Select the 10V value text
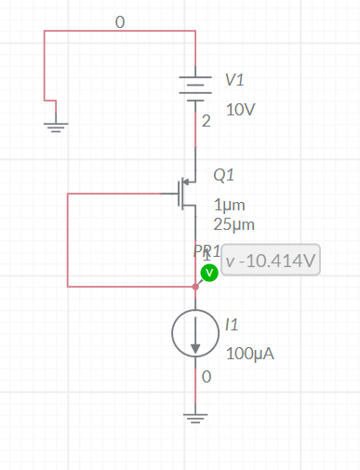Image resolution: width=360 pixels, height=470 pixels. [240, 109]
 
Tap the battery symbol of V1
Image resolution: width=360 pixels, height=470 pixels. [195, 89]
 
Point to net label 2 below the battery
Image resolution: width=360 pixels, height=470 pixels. [206, 121]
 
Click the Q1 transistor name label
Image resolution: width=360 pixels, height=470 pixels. [224, 174]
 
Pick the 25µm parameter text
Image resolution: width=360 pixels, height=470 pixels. [233, 223]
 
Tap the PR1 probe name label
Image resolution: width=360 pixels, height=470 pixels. [205, 251]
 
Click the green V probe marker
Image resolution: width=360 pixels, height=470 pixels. [209, 272]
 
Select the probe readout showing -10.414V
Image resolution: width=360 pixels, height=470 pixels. [271, 260]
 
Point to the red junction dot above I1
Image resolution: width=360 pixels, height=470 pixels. [195, 287]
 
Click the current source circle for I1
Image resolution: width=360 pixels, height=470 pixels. [195, 333]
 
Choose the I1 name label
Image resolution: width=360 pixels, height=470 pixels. [232, 324]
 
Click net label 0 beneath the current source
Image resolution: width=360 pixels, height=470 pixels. [206, 377]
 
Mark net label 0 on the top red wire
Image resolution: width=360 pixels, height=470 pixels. [119, 20]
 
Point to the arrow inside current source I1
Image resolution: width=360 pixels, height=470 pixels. [195, 340]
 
